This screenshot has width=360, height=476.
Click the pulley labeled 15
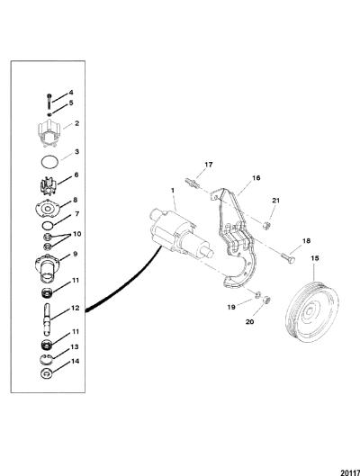click(x=312, y=311)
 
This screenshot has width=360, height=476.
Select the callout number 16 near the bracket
click(x=256, y=177)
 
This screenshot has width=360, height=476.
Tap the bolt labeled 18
click(x=287, y=259)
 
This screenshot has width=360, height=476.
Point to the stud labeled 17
click(x=192, y=183)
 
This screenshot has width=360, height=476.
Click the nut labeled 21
click(x=266, y=226)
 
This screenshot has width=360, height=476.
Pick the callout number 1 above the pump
click(x=173, y=191)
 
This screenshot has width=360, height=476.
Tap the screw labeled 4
click(x=49, y=102)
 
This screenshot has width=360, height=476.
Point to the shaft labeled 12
click(x=47, y=319)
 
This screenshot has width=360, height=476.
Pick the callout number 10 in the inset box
click(x=76, y=234)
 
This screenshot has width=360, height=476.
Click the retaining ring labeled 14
click(x=47, y=373)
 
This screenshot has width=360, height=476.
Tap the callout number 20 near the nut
click(x=249, y=321)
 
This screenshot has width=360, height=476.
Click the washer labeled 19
click(x=257, y=294)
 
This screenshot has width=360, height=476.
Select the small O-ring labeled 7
click(x=47, y=226)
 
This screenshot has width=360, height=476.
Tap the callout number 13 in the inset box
click(x=75, y=346)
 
